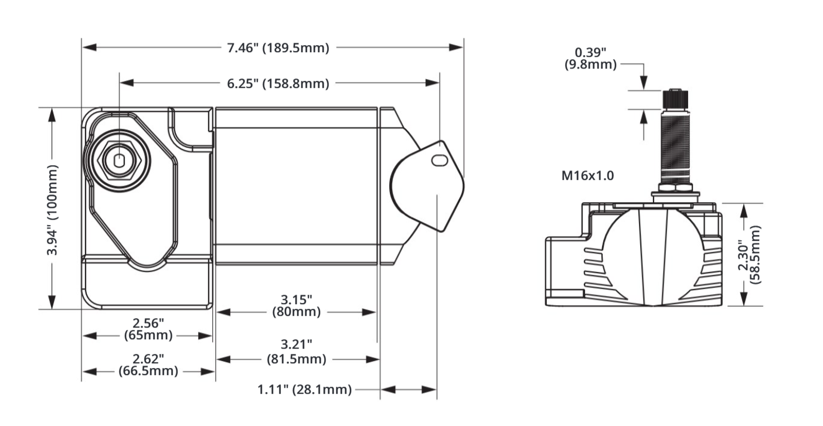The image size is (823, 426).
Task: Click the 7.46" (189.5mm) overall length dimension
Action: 278,48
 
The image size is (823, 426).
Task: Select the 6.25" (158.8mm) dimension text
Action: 278,83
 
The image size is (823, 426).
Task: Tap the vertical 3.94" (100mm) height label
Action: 53,209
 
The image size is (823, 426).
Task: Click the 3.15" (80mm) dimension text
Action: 296,306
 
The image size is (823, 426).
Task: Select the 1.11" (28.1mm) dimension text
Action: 304,389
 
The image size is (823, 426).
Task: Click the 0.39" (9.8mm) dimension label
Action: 590,59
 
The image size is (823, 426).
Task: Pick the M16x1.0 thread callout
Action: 587,175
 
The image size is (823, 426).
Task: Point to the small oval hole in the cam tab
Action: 437,160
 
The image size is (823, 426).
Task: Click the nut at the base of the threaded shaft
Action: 676,188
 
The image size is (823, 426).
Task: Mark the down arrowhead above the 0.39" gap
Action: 644,84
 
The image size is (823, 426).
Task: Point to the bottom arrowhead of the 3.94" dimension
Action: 52,301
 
